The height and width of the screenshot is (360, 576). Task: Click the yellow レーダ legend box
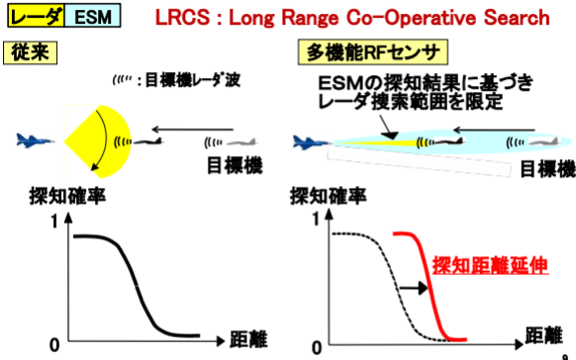tap(36, 16)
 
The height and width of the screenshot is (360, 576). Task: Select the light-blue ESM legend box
tap(93, 16)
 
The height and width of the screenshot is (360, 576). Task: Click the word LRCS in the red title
tap(182, 17)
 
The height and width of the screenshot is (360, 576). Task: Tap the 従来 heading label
tap(30, 52)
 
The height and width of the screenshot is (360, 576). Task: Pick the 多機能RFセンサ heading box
tap(373, 52)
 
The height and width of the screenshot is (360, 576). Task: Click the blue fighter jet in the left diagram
tap(36, 140)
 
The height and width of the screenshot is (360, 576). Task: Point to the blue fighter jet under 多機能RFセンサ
tap(312, 142)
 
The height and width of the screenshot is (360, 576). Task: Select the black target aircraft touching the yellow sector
tap(148, 141)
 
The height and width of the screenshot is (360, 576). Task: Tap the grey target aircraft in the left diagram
tap(242, 142)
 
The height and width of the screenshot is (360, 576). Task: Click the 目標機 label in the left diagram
tap(235, 165)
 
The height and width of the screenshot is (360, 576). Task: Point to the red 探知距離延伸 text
tap(490, 265)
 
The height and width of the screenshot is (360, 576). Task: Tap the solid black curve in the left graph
tap(138, 286)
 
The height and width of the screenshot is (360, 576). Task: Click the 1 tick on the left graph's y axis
tap(54, 222)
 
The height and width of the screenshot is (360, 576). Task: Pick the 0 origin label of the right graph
tap(317, 348)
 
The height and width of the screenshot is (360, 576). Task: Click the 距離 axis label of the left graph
tap(248, 339)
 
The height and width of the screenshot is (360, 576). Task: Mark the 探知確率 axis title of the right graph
tap(328, 196)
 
